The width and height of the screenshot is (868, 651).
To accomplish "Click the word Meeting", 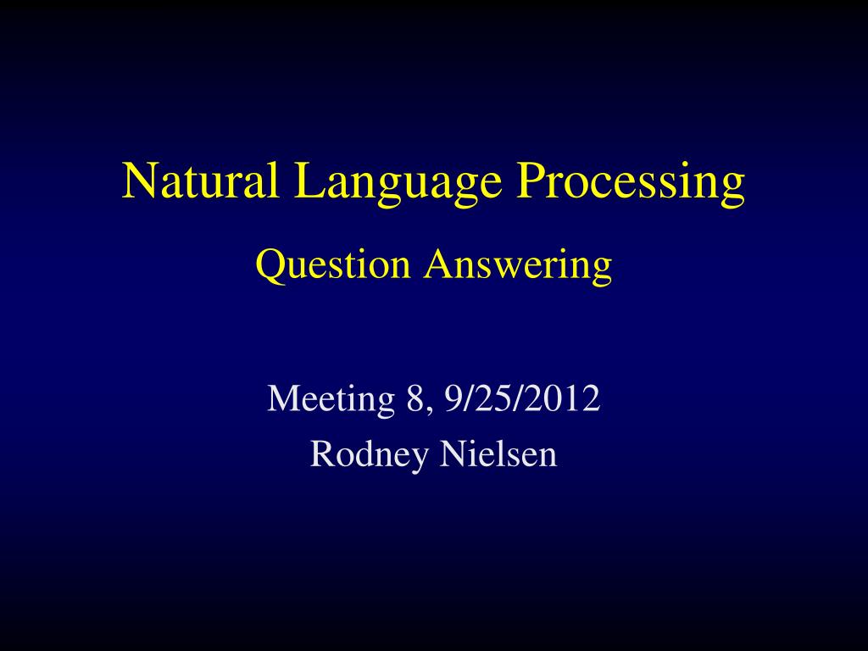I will (331, 399).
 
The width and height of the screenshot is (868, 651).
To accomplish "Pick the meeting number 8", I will (415, 398).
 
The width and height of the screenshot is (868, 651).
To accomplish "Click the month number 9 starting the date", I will (459, 398).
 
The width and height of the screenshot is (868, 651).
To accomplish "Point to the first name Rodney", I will (370, 455).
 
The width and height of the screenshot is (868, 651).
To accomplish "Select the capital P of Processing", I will (531, 181).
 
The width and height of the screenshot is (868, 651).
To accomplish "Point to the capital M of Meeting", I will (281, 398).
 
